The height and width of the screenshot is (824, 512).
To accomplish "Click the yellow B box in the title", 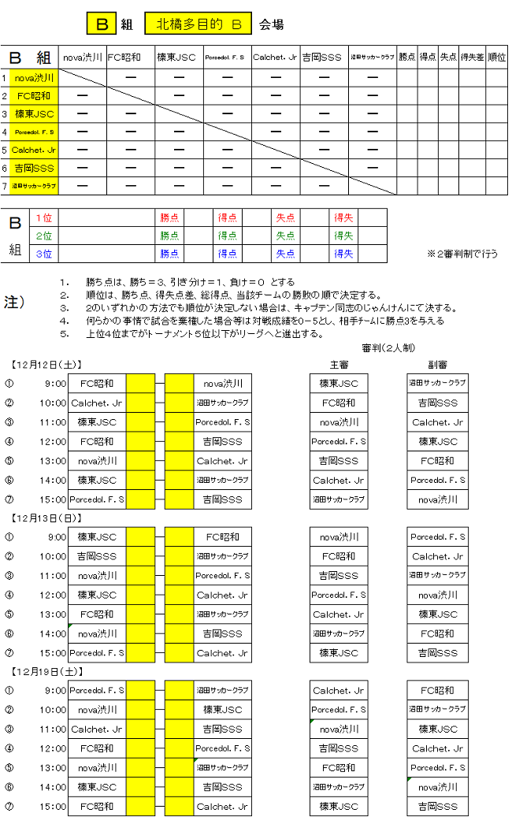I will pos(102,24).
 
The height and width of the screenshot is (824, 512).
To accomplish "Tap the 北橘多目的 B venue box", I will pos(198,24).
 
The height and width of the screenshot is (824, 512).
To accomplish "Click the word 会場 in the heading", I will pos(271,25).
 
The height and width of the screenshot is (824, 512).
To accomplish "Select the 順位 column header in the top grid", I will pos(496,57).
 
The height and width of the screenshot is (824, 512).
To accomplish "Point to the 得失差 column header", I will pos(473,57).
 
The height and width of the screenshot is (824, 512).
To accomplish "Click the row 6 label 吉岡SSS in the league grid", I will pos(35,168).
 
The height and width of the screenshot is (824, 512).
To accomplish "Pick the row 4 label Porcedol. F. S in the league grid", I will pos(35,132).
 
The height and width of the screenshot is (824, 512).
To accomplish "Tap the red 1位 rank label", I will pos(44,217).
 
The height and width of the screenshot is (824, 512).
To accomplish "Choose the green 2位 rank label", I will pos(44,236).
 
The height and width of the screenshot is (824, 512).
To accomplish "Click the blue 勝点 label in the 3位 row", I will pos(169,254).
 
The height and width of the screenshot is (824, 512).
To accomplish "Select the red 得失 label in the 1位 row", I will pos(343,217).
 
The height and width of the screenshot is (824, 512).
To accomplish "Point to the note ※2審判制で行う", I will pos(462,254).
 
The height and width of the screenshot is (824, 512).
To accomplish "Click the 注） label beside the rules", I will pos(15,301).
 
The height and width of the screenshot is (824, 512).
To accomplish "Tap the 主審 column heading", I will pos(339,365).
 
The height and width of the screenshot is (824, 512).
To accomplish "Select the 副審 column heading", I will pos(437,365).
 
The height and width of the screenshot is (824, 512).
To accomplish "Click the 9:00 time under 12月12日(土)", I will pos(56,384).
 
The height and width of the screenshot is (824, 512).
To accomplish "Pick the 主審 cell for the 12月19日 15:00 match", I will pos(339,807).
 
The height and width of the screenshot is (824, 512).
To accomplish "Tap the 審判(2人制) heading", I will pos(388,347).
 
